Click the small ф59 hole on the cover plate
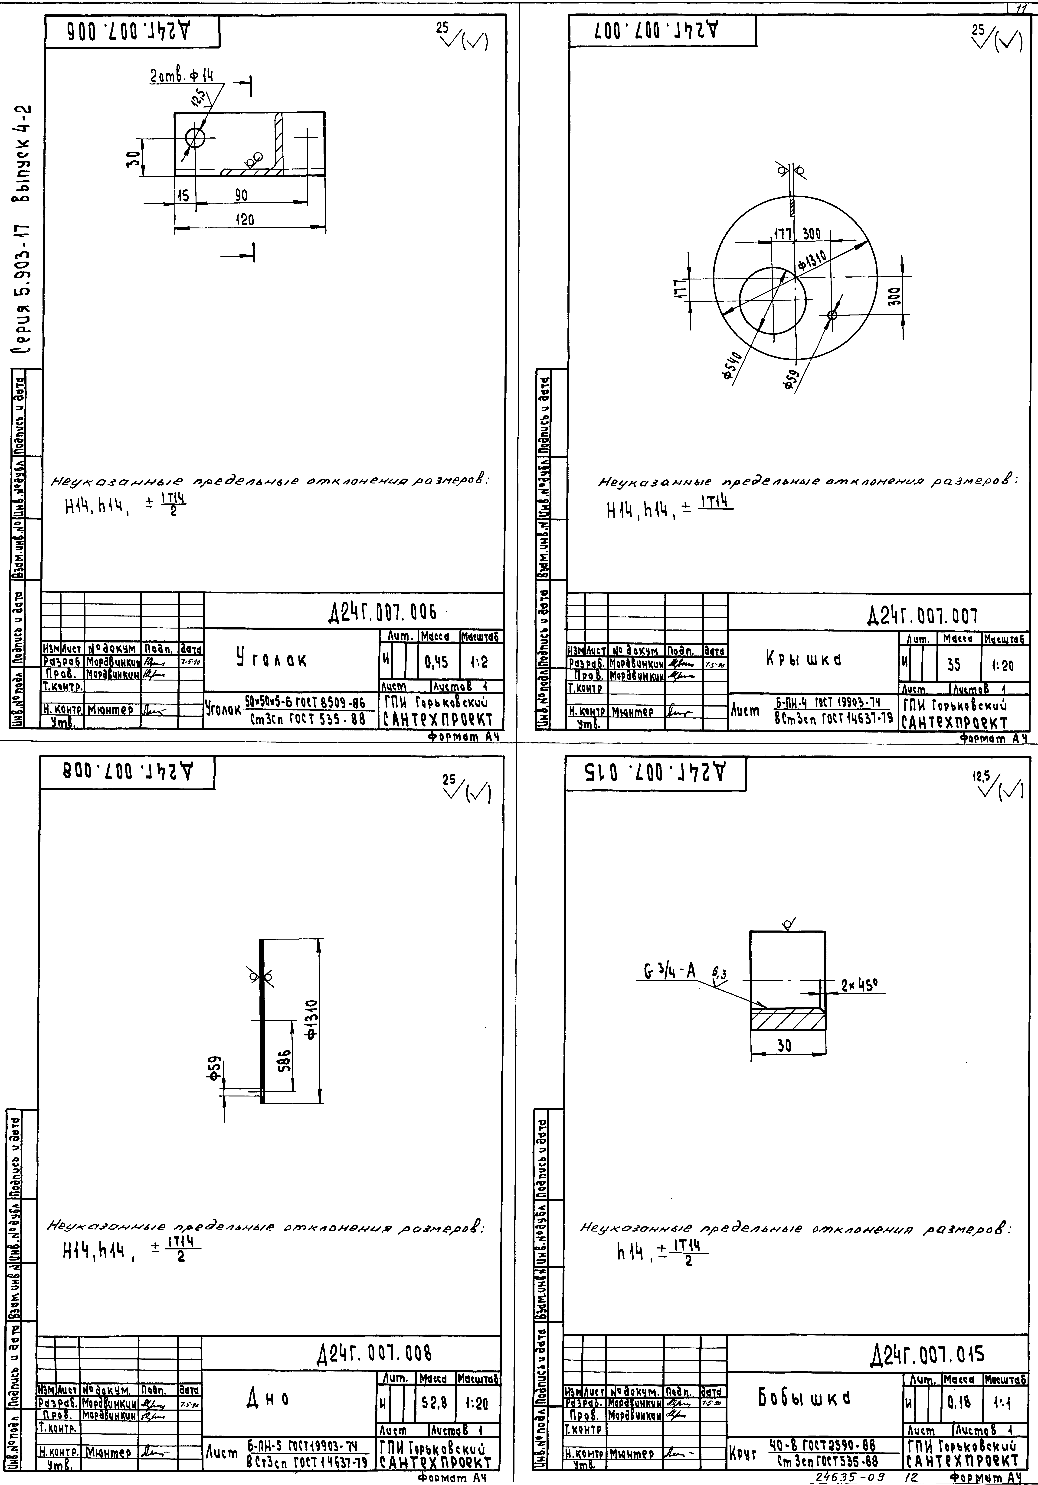(x=832, y=315)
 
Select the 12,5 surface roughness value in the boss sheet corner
(x=980, y=775)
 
